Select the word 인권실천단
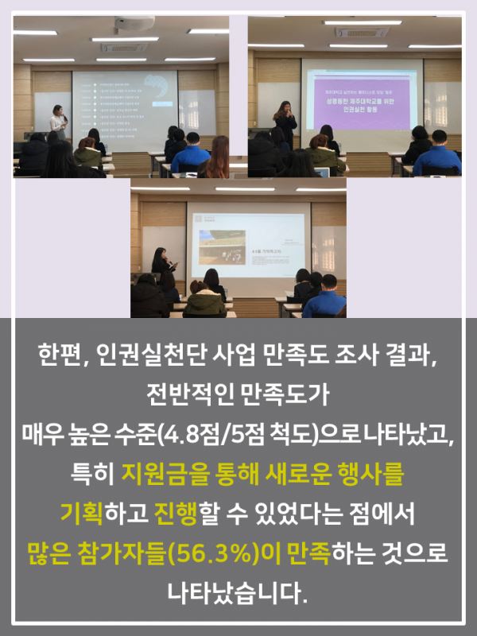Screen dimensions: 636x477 tap(138, 355)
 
